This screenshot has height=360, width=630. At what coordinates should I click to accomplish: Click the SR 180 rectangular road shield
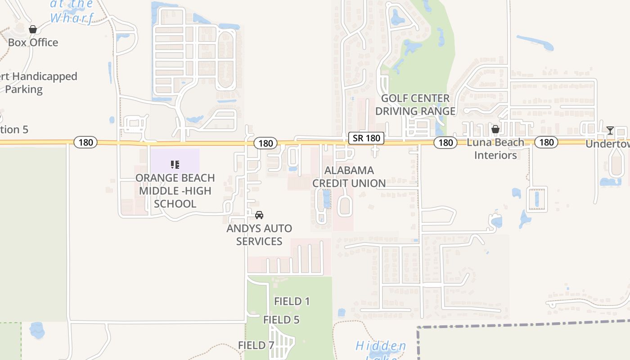pos(366,138)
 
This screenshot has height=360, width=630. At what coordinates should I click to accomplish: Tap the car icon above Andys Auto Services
pos(259,215)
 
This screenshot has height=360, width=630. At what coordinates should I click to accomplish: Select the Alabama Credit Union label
pos(349,177)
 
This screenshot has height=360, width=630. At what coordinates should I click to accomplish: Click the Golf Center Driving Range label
pos(415,104)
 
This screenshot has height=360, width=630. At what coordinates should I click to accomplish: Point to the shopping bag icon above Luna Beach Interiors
pos(495,129)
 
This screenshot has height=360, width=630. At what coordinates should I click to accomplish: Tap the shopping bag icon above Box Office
pos(33,30)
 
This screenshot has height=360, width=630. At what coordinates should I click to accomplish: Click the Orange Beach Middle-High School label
pos(175,191)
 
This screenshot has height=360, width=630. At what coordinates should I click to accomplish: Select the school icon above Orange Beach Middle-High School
pos(175,165)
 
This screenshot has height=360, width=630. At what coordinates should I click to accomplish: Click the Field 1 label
pos(292,301)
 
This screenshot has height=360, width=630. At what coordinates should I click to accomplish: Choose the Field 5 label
pos(281,320)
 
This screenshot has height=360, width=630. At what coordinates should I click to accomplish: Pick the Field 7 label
pos(256,346)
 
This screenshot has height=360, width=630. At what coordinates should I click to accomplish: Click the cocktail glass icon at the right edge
pos(610,130)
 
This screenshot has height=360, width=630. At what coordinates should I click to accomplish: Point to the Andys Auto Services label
pos(259,235)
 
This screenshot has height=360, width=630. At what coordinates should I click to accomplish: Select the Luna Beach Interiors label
pos(495,149)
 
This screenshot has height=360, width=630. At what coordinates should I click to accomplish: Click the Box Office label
pos(33,43)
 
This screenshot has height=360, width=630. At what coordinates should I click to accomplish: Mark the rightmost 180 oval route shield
pos(546,143)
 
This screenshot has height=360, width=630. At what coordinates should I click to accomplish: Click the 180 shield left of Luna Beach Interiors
pos(445,143)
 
